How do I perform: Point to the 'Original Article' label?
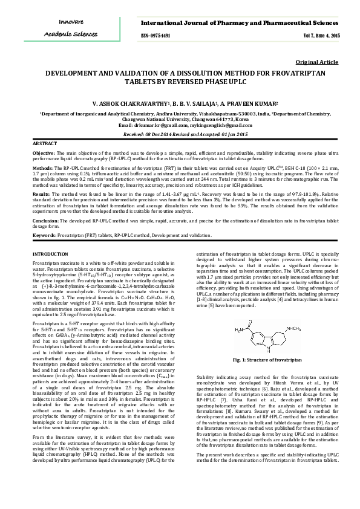[x=317, y=62]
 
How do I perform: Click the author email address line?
[x=180, y=125]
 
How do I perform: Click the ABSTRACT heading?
[x=44, y=144]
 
